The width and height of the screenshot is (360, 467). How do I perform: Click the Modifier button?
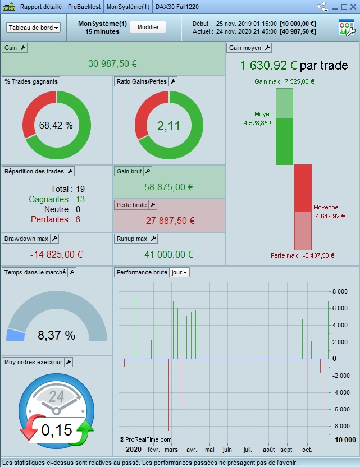click(148, 27)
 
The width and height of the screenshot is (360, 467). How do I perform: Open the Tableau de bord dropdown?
click(34, 28)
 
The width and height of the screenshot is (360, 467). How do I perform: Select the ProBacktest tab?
click(84, 7)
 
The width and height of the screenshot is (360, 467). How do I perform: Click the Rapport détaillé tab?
click(40, 7)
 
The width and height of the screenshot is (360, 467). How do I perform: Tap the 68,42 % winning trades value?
click(56, 126)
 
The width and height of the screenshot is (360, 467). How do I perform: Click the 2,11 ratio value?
click(168, 126)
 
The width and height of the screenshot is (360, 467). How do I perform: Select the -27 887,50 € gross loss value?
click(169, 221)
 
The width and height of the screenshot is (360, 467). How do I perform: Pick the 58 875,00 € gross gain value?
click(169, 187)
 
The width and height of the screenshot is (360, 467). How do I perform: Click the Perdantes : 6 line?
click(56, 219)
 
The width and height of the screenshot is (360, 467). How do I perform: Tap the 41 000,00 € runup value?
click(169, 254)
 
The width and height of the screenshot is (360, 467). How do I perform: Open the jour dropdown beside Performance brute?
click(180, 272)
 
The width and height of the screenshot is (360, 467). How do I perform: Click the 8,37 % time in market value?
click(56, 336)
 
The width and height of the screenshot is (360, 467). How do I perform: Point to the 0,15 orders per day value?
click(57, 431)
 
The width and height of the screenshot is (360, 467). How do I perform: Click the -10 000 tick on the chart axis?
click(343, 439)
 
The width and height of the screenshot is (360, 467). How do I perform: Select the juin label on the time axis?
click(227, 450)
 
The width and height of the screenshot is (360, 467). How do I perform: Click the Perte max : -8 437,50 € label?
click(302, 255)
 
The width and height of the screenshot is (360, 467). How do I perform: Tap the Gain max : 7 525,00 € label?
click(284, 81)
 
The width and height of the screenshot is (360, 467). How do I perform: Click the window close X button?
click(353, 7)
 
